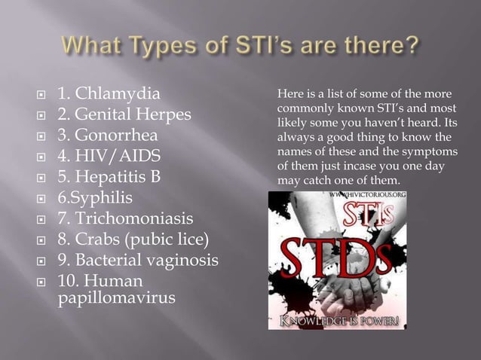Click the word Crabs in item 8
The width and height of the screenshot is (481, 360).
pyautogui.click(x=95, y=241)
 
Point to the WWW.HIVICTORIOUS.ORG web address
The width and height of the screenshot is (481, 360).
pyautogui.click(x=369, y=196)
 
